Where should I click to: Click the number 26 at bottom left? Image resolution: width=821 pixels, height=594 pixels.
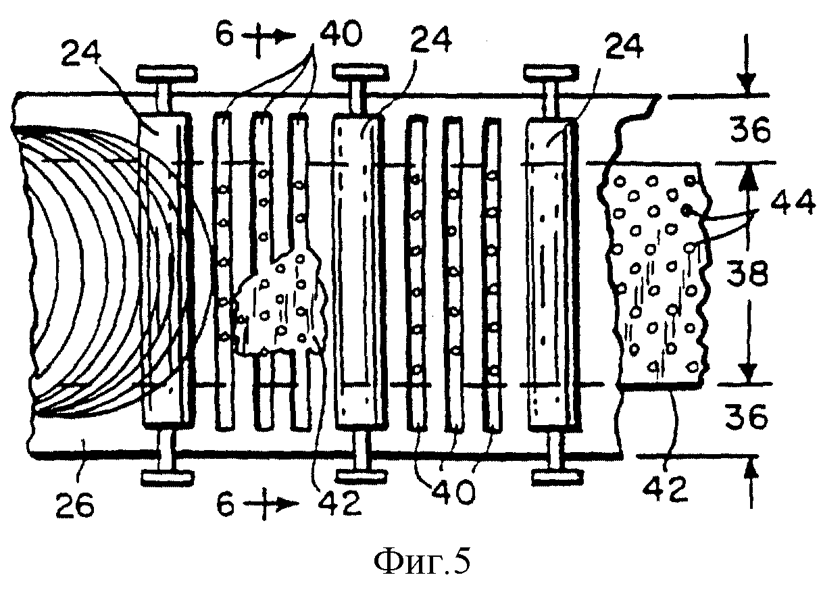[75, 505]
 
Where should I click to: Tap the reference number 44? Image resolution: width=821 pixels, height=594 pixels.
[793, 203]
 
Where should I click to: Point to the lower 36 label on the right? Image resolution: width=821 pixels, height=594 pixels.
[746, 418]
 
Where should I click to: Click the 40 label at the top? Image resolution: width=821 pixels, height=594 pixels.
[341, 34]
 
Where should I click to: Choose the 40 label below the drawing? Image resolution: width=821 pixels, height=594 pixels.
[454, 493]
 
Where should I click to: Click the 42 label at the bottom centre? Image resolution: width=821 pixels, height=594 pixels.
[340, 505]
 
